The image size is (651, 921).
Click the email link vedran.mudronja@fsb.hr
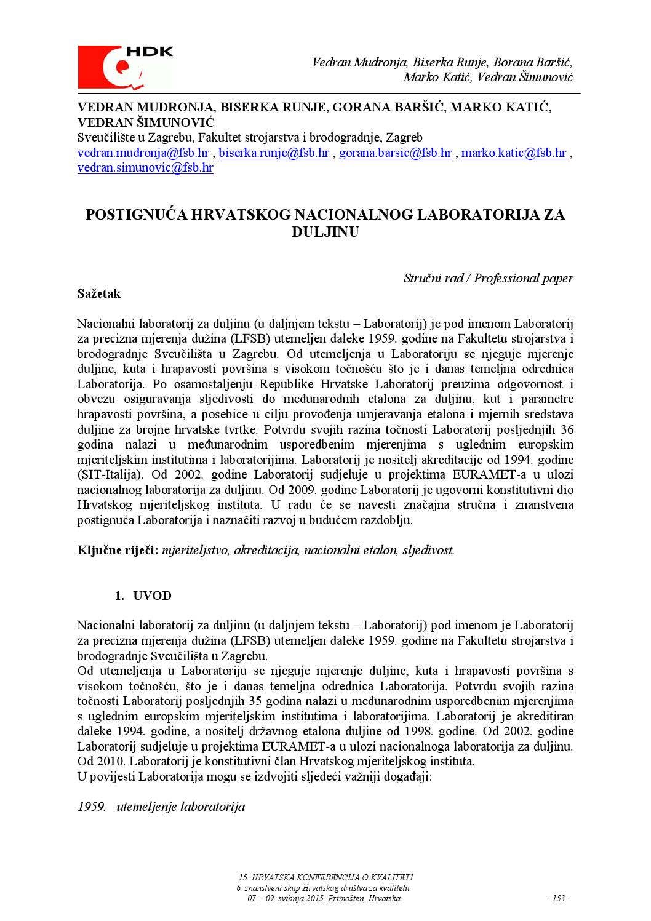143,153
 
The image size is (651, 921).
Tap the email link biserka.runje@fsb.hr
274,153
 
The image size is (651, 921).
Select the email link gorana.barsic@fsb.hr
396,153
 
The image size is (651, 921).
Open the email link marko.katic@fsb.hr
513,153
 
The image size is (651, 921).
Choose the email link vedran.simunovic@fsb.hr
145,167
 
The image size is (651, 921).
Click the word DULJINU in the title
324,233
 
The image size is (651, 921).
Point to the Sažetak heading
99,293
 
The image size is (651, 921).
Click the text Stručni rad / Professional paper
488,278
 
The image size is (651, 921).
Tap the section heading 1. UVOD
143,596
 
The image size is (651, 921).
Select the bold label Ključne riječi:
118,550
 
